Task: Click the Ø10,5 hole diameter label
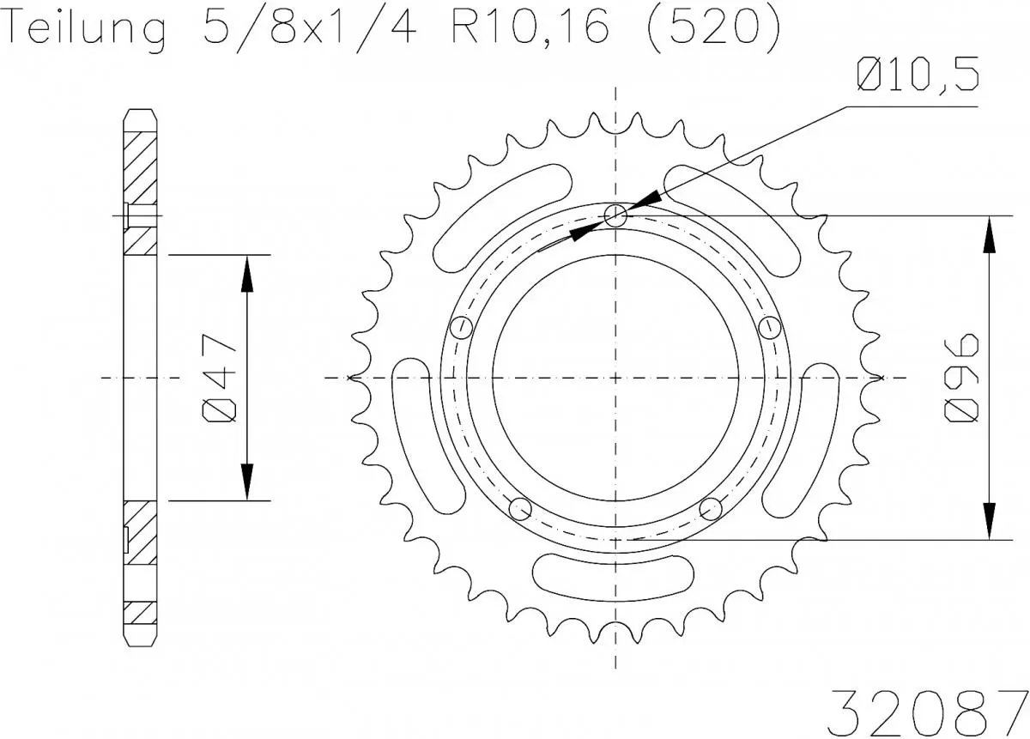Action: point(917,77)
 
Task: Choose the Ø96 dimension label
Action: point(964,378)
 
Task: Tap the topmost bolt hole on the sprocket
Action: point(615,216)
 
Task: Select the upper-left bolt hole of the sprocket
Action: point(462,327)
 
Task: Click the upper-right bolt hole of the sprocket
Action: point(770,327)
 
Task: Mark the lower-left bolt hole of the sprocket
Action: point(520,509)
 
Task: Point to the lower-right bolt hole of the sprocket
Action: point(711,509)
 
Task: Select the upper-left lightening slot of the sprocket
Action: point(503,215)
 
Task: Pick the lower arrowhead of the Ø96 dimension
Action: point(990,519)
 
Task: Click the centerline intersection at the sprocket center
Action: point(615,378)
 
